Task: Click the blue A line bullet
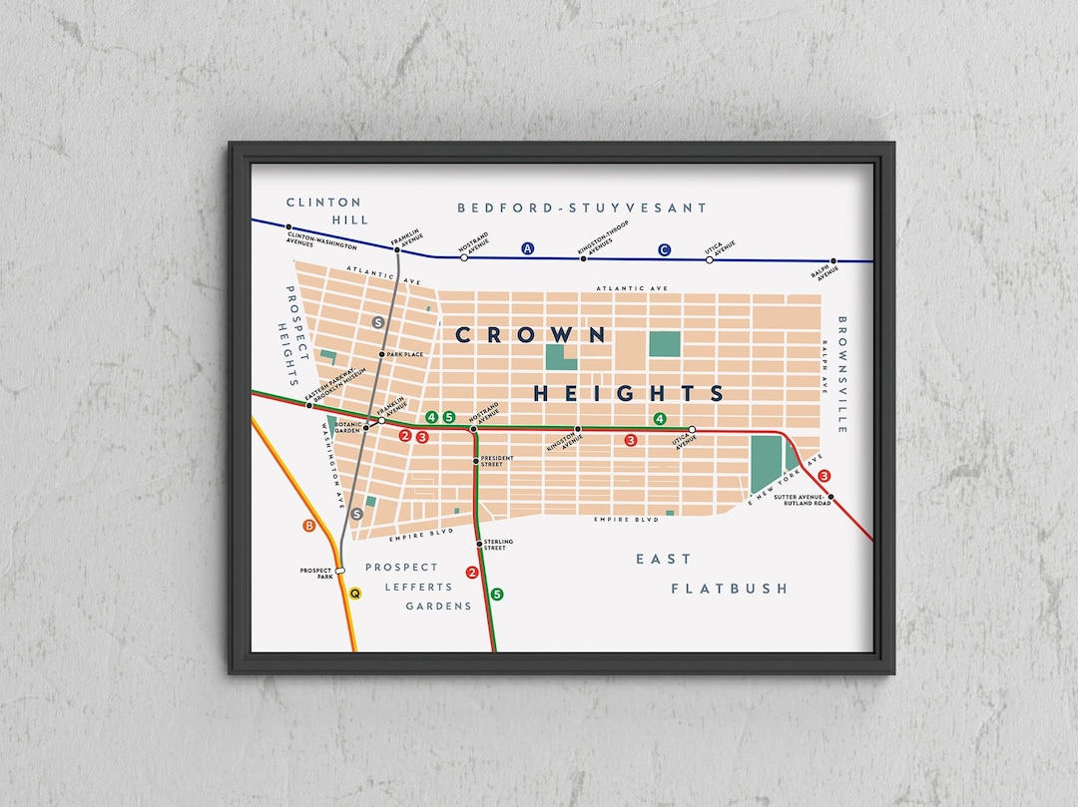(x=528, y=248)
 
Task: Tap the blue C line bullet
(x=665, y=250)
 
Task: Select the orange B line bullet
(x=307, y=525)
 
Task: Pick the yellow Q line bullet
(x=354, y=593)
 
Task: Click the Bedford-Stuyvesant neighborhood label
(x=582, y=207)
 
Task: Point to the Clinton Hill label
(x=323, y=210)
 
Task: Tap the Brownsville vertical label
(x=842, y=374)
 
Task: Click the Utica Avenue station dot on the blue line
(x=710, y=259)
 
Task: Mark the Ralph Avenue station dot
(x=832, y=261)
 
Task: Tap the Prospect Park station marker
(x=340, y=570)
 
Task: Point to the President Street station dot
(x=476, y=461)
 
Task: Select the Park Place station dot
(x=381, y=354)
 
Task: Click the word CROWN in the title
(x=530, y=335)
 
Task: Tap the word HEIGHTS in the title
(x=629, y=393)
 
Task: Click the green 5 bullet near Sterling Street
(x=497, y=595)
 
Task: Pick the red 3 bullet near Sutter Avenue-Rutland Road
(x=824, y=476)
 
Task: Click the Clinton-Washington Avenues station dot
(x=288, y=227)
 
